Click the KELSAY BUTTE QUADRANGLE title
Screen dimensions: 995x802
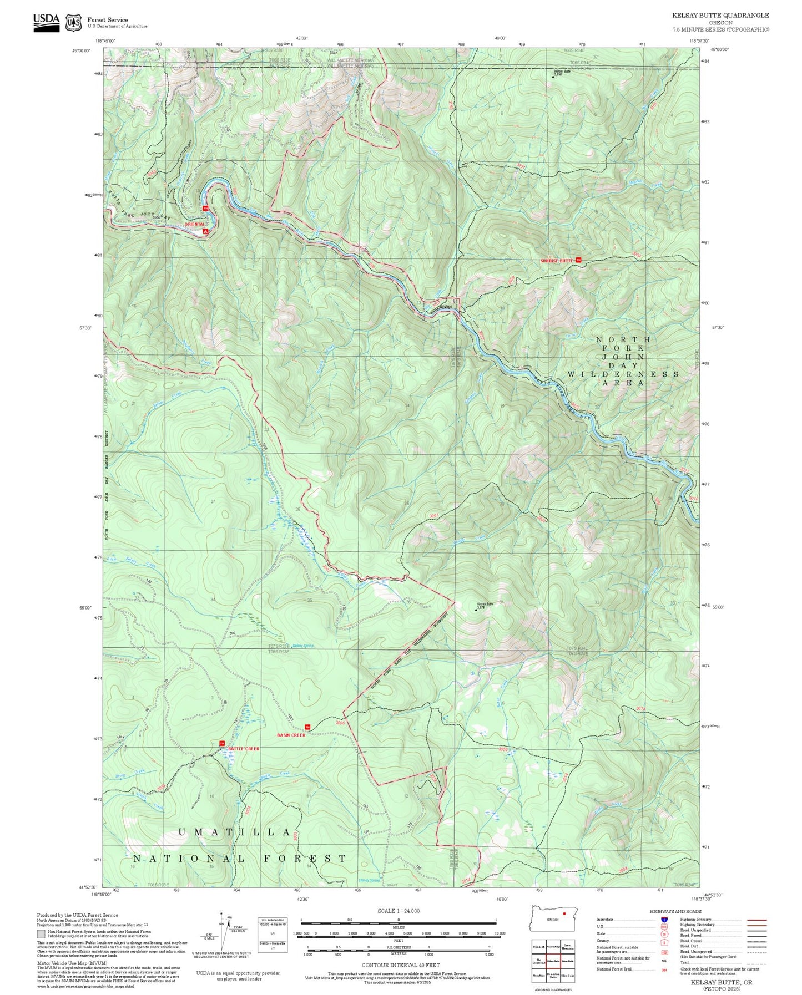[720, 16]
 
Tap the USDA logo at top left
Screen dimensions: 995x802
[46, 22]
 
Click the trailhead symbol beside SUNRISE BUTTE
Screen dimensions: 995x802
[578, 260]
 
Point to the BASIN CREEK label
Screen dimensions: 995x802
[291, 735]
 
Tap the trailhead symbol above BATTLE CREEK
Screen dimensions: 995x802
[221, 743]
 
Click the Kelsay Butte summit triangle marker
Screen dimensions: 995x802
[476, 610]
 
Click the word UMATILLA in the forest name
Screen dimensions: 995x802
[234, 832]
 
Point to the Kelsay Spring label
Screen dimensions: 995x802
[302, 646]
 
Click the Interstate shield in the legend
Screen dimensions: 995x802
[664, 920]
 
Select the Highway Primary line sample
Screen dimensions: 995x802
[756, 920]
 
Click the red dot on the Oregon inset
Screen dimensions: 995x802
[564, 913]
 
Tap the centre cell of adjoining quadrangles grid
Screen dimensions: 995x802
[553, 961]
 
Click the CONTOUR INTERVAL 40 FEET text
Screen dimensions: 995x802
[400, 965]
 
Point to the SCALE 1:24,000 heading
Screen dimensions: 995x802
[398, 911]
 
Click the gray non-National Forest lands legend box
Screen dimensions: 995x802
[42, 933]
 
